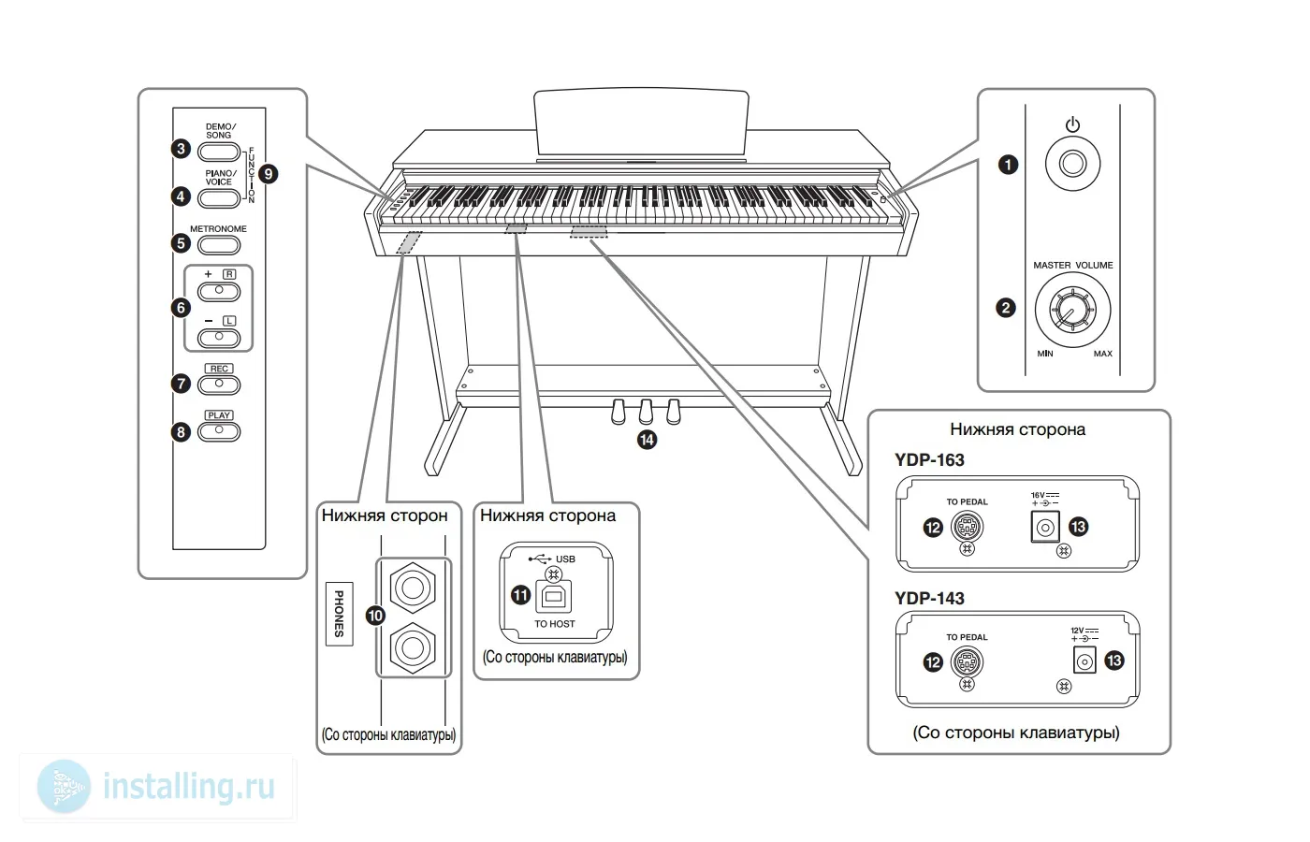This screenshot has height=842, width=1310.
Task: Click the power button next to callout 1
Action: (x=1072, y=164)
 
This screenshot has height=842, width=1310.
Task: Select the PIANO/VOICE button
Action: (x=219, y=196)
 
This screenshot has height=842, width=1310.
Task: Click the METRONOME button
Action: (x=219, y=244)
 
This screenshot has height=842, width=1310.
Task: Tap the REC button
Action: (x=219, y=384)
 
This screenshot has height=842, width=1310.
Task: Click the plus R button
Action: (x=219, y=291)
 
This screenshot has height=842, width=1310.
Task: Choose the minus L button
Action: (x=219, y=337)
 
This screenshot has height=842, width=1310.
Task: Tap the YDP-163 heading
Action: (x=929, y=459)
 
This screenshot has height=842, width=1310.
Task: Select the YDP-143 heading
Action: (x=929, y=598)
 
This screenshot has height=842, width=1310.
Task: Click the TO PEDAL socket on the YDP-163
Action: (x=967, y=527)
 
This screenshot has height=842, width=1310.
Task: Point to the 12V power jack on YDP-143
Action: (x=1084, y=661)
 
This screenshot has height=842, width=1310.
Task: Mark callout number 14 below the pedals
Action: (x=647, y=439)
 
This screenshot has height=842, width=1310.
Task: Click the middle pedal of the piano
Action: (x=645, y=412)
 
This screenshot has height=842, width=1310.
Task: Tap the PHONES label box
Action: (x=339, y=613)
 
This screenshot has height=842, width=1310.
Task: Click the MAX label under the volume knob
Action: (x=1102, y=354)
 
